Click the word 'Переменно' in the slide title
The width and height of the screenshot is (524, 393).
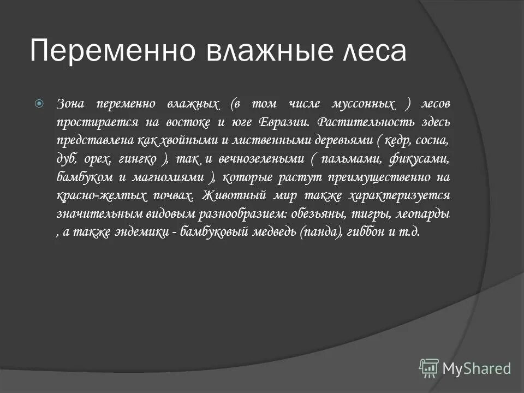click(x=109, y=51)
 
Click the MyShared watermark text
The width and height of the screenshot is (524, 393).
click(x=477, y=368)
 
